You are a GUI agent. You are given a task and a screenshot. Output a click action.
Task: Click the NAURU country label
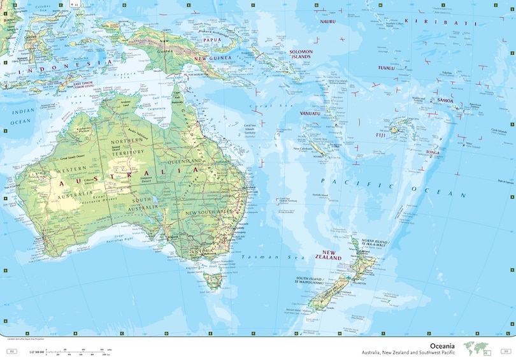[328, 21]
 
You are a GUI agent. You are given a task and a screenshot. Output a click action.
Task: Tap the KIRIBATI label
[453, 23]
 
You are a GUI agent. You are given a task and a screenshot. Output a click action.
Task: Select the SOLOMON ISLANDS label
[300, 54]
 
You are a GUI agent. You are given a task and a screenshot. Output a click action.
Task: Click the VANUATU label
[310, 113]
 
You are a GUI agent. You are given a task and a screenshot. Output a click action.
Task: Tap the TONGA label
[433, 152]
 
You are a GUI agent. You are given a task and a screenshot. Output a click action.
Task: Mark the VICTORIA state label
[203, 250]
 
